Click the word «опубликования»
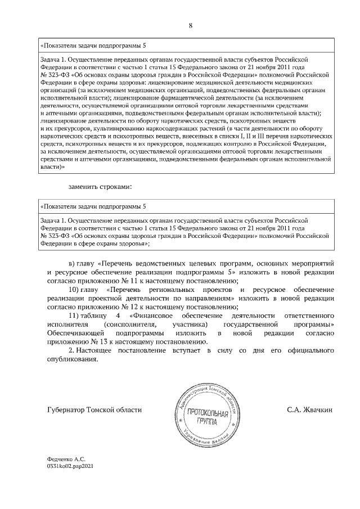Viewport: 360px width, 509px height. point(71,361)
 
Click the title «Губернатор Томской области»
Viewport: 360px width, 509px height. point(94,410)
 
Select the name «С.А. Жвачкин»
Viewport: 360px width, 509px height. point(308,410)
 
